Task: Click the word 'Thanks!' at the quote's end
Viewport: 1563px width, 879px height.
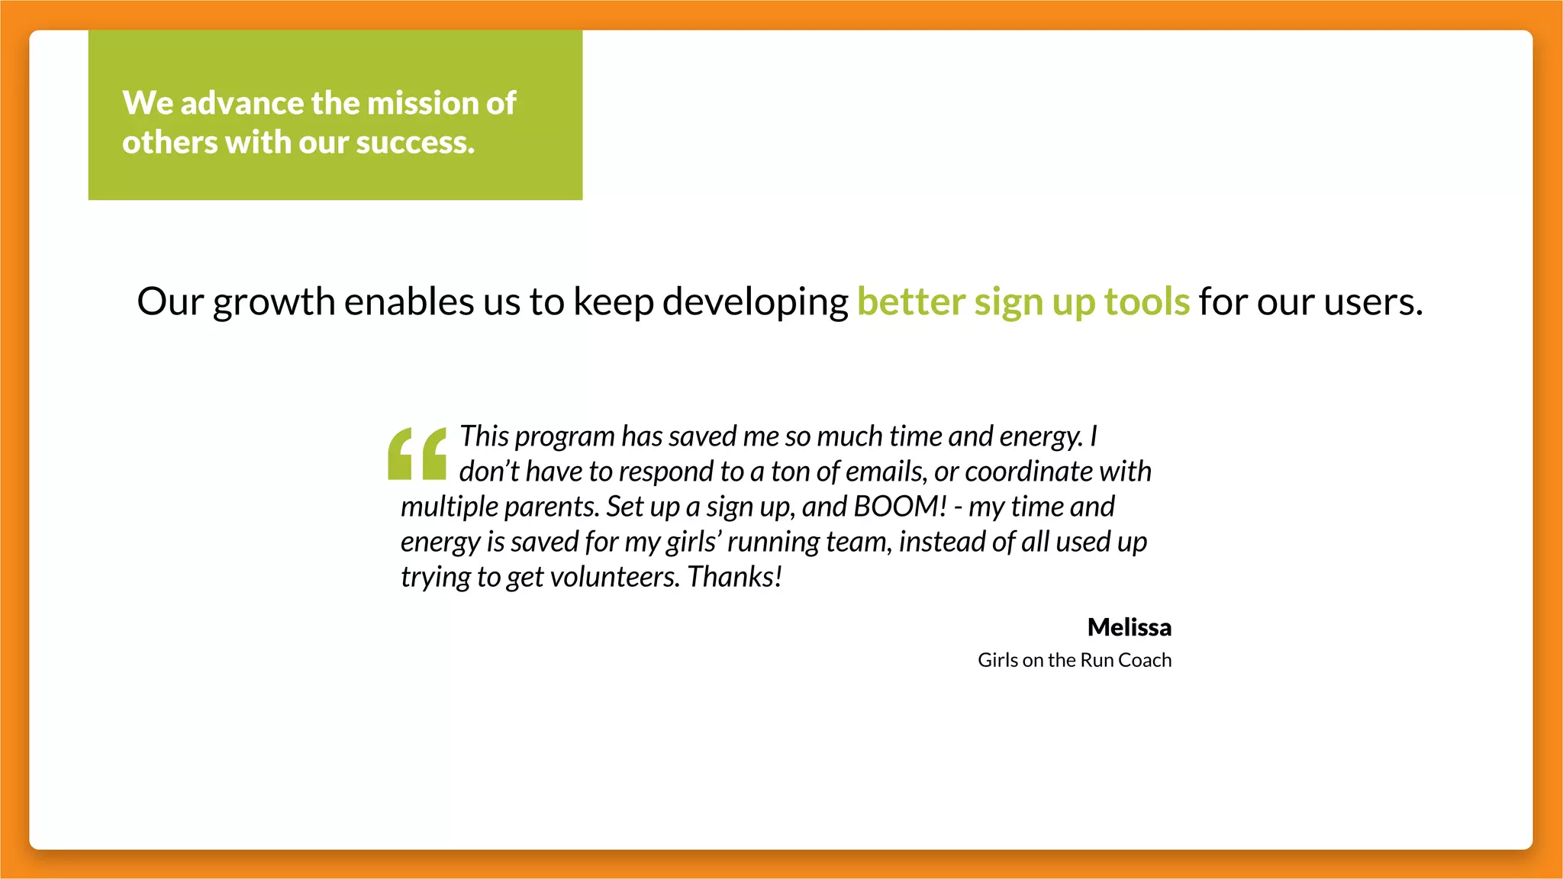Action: pyautogui.click(x=734, y=577)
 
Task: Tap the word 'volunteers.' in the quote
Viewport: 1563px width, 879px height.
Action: pyautogui.click(x=614, y=577)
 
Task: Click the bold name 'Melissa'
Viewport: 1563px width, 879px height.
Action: pyautogui.click(x=1129, y=627)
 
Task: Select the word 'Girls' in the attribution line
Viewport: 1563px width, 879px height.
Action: pyautogui.click(x=997, y=660)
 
